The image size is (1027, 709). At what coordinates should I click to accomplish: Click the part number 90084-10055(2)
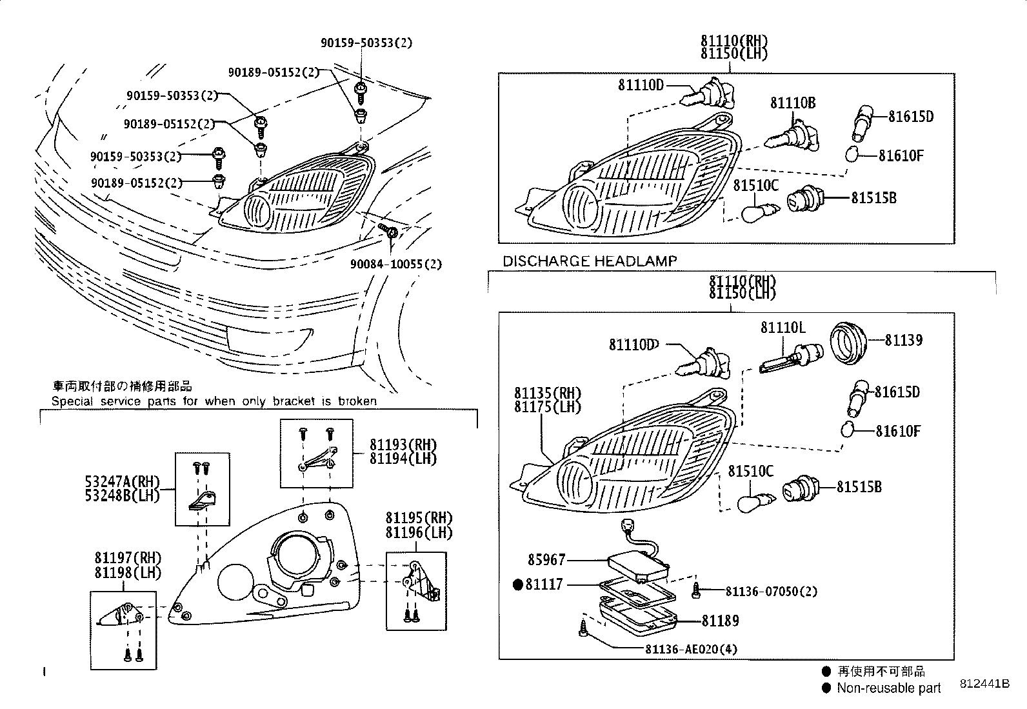pyautogui.click(x=396, y=265)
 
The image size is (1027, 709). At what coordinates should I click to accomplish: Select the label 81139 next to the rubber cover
pyautogui.click(x=902, y=340)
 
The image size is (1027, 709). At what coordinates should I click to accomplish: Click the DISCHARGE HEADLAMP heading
pyautogui.click(x=590, y=261)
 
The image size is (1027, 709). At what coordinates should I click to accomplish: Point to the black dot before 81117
pyautogui.click(x=517, y=584)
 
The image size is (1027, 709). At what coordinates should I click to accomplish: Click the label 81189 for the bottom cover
pyautogui.click(x=720, y=621)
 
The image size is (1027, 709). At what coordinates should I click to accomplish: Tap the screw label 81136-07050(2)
pyautogui.click(x=771, y=591)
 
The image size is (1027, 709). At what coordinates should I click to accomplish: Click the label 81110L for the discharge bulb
pyautogui.click(x=783, y=328)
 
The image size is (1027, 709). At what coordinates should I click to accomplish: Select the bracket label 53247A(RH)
pyautogui.click(x=121, y=481)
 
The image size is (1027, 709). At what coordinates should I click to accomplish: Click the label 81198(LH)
pyautogui.click(x=128, y=572)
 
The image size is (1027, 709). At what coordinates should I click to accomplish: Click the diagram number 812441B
pyautogui.click(x=983, y=684)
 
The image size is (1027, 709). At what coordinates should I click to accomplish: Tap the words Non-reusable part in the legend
pyautogui.click(x=888, y=688)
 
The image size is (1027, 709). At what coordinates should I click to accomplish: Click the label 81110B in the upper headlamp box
pyautogui.click(x=793, y=103)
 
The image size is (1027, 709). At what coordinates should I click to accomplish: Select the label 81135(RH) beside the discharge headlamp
pyautogui.click(x=547, y=393)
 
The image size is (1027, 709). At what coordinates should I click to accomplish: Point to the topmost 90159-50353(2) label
pyautogui.click(x=366, y=43)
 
